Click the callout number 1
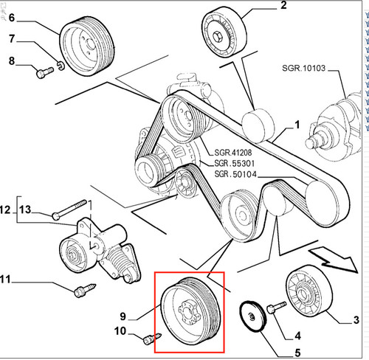pos(297,125)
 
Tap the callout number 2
pos(283,5)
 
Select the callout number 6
pos(12,18)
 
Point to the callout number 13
pos(25,210)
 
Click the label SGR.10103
pos(303,68)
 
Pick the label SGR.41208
pos(233,153)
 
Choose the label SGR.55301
pos(235,163)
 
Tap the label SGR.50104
pos(235,174)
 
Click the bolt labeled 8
pos(45,72)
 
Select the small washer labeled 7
pos(61,66)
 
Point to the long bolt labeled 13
pos(69,210)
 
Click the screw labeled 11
pos(85,291)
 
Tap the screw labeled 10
pos(152,339)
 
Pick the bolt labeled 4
pos(277,308)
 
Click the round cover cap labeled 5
pos(252,316)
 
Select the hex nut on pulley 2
pos(218,36)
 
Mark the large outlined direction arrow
pos(334,260)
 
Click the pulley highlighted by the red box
pos(190,314)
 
